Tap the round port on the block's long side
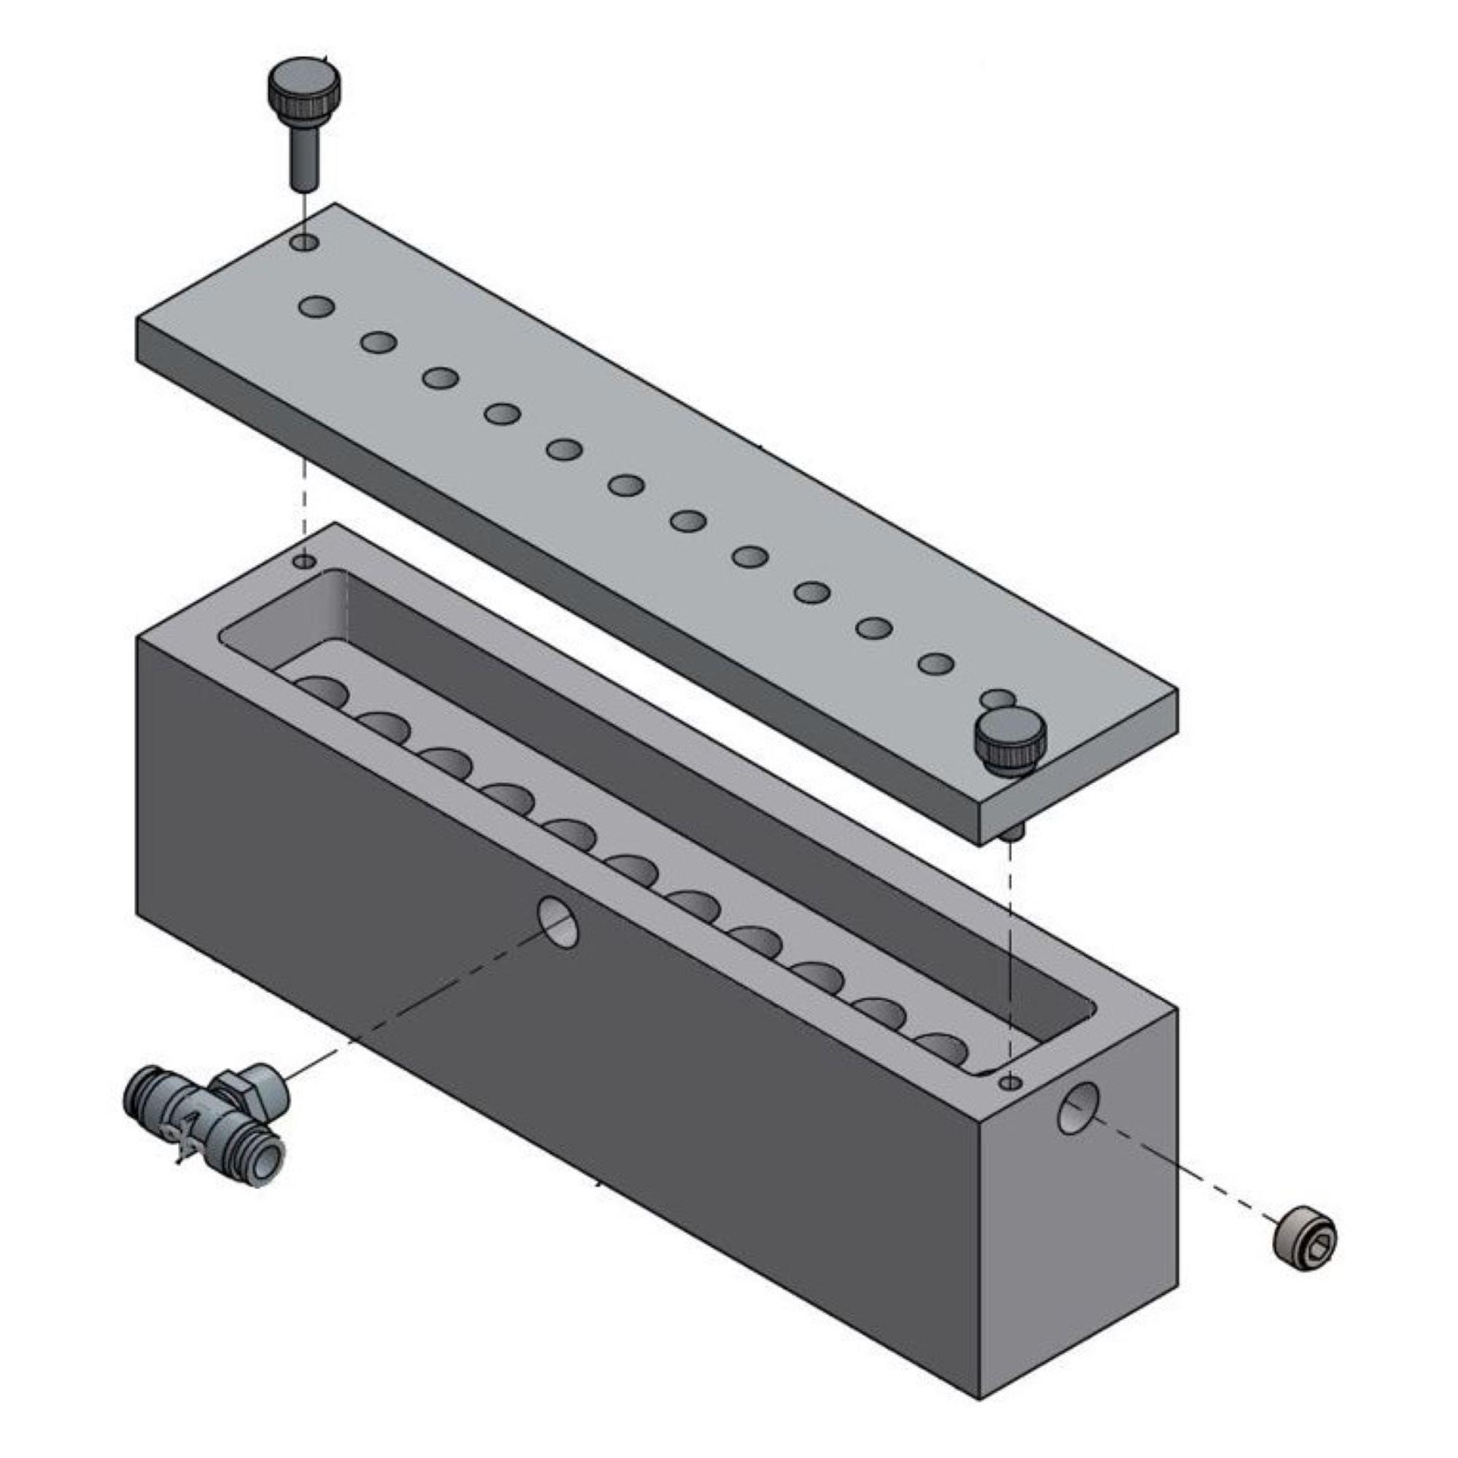(x=558, y=922)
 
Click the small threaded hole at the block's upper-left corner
(x=305, y=561)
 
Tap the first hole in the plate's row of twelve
(x=316, y=306)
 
